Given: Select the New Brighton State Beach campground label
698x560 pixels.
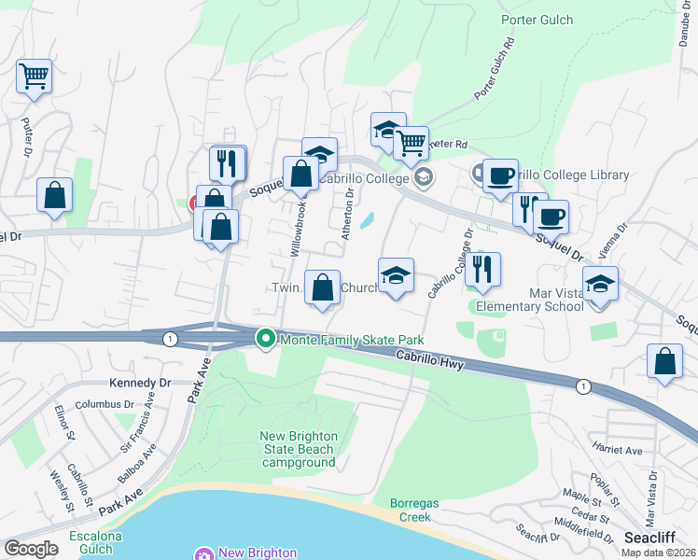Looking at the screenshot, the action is click(x=298, y=449).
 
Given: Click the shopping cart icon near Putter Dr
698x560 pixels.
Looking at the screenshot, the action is click(x=34, y=76).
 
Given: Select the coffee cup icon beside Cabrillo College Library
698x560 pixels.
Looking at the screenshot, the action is click(x=500, y=175).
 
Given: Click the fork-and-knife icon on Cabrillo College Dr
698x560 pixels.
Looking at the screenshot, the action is click(x=482, y=269).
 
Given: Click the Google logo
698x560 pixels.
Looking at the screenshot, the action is click(x=31, y=549).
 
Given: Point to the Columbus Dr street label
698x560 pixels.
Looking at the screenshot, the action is click(x=105, y=404).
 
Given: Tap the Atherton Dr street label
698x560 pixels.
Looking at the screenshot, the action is click(x=347, y=215).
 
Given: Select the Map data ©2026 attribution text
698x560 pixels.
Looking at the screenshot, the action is click(x=658, y=553).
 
